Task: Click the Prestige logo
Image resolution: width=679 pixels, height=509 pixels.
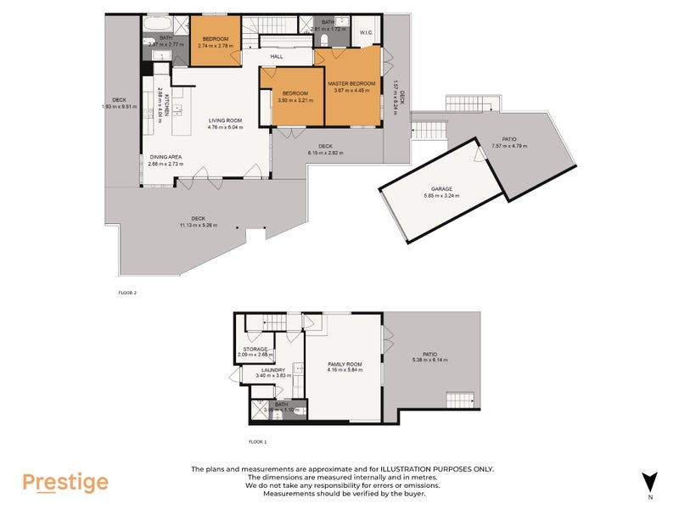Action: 65,483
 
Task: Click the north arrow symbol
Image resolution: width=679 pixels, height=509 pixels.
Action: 650,481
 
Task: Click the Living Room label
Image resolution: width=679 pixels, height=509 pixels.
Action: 227,121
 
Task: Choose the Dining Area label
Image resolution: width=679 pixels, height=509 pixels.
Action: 166,157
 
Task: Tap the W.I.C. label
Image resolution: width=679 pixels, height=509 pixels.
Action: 367,33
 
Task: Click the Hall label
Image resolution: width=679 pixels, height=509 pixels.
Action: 277,57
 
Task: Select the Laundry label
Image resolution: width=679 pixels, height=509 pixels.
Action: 272,369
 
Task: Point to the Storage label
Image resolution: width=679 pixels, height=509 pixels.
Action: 255,349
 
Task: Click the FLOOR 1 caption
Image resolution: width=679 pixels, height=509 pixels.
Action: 257,442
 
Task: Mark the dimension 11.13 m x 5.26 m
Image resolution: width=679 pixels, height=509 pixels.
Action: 199,225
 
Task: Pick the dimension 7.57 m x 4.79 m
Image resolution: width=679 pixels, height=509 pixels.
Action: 508,146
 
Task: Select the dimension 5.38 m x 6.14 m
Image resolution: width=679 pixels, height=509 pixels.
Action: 429,360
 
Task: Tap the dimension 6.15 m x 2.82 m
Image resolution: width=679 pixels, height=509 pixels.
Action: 326,153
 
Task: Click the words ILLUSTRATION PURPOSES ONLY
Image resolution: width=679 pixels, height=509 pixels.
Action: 434,469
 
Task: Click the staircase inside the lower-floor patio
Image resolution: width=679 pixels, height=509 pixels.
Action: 459,400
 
